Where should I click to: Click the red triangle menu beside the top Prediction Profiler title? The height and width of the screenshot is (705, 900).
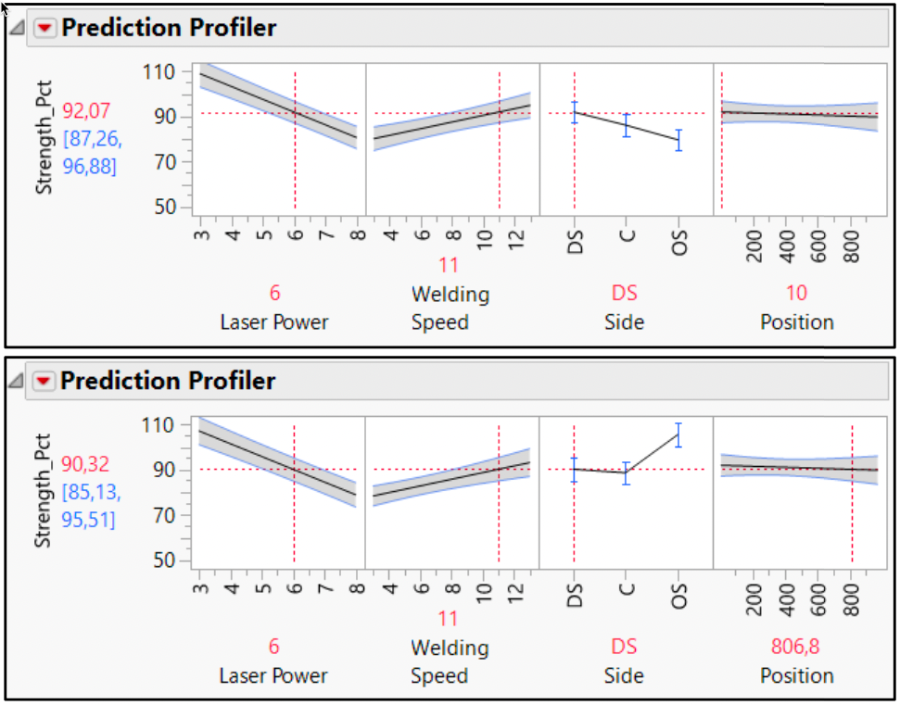(45, 29)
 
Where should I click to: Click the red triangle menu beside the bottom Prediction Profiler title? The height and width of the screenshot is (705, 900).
(45, 382)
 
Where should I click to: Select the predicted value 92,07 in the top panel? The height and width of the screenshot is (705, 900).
(86, 111)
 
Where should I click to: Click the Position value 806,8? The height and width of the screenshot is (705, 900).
(796, 646)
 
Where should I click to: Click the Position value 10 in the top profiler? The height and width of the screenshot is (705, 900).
(796, 293)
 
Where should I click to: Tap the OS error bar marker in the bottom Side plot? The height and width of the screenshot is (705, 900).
(678, 434)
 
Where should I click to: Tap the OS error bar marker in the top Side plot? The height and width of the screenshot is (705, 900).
(678, 140)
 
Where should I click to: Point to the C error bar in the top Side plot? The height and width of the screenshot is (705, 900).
(627, 125)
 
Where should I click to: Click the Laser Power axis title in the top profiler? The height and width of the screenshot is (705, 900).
(273, 322)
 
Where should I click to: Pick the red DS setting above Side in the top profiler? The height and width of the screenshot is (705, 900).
(625, 293)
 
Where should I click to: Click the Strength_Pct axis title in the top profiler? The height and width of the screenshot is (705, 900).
(44, 139)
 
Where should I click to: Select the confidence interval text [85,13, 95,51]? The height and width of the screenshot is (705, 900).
(90, 507)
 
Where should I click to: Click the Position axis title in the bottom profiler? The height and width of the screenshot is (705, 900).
(796, 675)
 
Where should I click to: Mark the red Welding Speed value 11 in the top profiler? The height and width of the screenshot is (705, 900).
(449, 266)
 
